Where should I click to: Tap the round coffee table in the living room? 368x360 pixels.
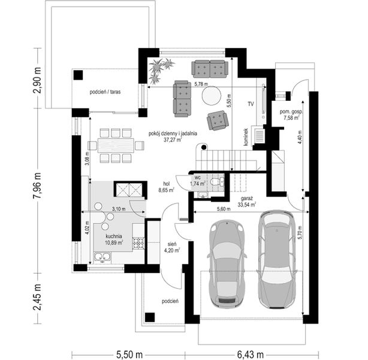click(212, 95)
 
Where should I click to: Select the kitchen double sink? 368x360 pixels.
click(102, 257)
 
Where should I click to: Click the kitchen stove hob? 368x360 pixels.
click(138, 243)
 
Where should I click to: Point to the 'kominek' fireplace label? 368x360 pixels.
click(246, 137)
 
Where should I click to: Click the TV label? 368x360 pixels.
click(251, 104)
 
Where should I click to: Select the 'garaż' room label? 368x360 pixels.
click(246, 199)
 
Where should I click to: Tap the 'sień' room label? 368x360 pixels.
click(172, 244)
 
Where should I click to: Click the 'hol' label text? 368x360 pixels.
click(167, 184)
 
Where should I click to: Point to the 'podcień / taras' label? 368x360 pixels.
click(105, 92)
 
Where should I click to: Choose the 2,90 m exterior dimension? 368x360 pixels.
click(37, 80)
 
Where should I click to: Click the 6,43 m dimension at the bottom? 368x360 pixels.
click(251, 354)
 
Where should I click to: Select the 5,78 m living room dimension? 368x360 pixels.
click(201, 84)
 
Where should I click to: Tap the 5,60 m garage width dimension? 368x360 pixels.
click(224, 209)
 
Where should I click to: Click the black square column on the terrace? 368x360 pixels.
click(78, 75)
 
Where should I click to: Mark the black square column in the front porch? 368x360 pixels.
click(150, 317)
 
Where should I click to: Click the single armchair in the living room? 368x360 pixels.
click(218, 121)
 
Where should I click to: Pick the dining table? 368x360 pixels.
click(116, 146)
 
